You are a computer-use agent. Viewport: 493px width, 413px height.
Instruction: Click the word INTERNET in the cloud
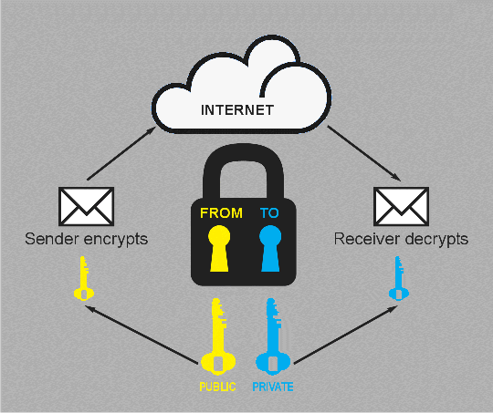click(x=237, y=110)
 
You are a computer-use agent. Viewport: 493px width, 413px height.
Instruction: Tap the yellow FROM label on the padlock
click(x=221, y=213)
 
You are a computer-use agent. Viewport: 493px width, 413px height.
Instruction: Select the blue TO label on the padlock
click(x=269, y=213)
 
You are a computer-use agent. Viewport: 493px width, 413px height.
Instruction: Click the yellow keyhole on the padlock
click(x=219, y=248)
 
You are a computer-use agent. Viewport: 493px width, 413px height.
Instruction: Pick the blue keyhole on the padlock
click(x=270, y=248)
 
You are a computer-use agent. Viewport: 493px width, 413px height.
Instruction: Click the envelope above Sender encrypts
click(x=86, y=206)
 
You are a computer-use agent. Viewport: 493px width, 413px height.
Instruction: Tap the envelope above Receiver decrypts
click(x=401, y=206)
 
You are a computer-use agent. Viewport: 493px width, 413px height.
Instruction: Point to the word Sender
click(x=52, y=239)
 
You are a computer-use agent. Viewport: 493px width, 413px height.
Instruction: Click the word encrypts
click(x=116, y=240)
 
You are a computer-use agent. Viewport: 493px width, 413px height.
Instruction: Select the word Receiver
click(x=367, y=239)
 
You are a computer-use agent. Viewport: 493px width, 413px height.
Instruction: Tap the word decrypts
click(x=437, y=240)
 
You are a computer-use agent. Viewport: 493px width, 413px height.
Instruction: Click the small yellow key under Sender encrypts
click(x=84, y=279)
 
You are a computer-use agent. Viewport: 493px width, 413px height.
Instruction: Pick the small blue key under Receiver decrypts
click(x=399, y=279)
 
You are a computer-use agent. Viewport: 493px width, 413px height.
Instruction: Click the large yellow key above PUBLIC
click(x=217, y=336)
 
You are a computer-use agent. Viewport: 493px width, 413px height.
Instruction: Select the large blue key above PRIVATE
click(x=273, y=336)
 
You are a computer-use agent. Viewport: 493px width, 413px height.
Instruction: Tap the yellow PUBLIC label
click(x=217, y=387)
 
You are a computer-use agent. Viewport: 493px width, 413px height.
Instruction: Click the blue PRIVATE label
click(x=273, y=387)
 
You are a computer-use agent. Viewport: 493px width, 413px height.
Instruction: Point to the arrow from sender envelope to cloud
click(x=121, y=153)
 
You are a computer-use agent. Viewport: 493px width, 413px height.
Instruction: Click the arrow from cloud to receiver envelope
click(x=364, y=153)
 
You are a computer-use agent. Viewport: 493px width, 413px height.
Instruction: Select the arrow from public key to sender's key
click(x=142, y=335)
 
